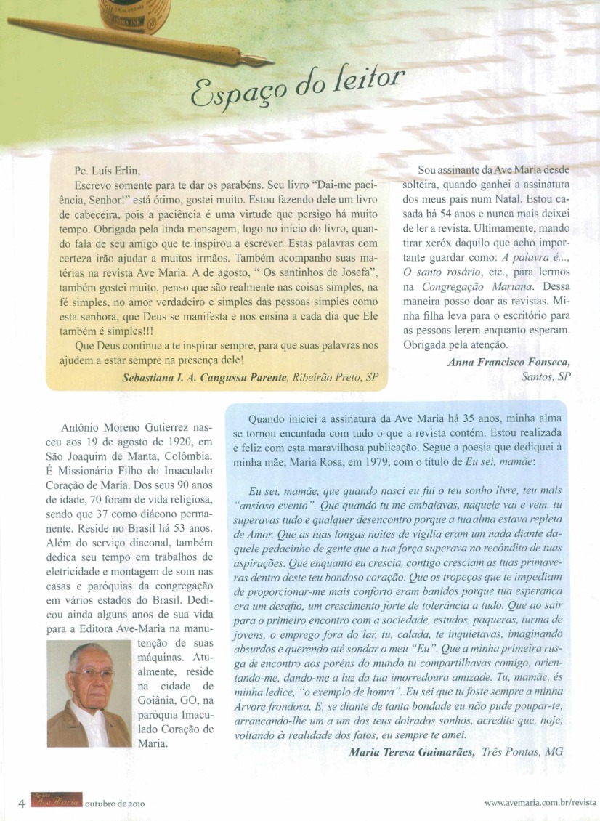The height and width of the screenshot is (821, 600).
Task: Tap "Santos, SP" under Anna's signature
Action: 546,377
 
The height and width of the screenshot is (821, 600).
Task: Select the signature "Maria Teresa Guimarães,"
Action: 412,752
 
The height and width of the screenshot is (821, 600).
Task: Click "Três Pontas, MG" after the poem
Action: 522,752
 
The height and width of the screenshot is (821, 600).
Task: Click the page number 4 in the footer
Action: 22,803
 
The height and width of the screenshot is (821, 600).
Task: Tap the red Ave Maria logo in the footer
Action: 56,802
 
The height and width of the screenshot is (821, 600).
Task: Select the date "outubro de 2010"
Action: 115,804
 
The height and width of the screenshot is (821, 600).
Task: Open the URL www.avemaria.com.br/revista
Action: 540,803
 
